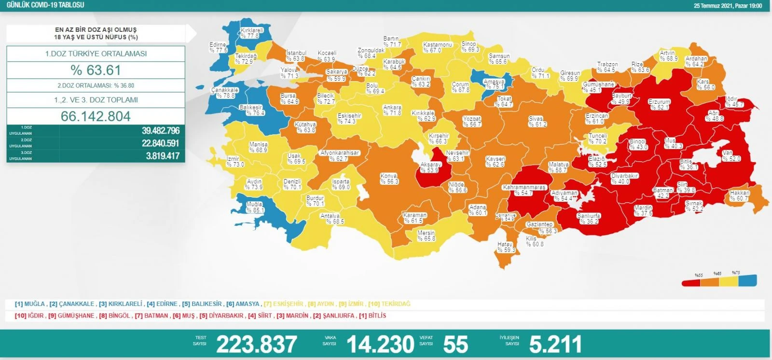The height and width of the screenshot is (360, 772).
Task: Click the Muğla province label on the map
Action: click(255, 207)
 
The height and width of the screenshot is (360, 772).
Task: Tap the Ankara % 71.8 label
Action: click(392, 110)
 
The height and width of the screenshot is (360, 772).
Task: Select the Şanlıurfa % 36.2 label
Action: click(589, 219)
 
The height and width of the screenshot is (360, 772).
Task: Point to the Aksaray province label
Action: click(430, 167)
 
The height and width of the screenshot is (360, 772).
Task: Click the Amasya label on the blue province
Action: click(494, 84)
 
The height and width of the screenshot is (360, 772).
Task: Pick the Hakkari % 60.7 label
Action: click(740, 195)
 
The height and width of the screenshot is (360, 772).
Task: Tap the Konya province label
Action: click(389, 179)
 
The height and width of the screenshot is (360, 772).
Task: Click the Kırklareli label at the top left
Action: click(252, 33)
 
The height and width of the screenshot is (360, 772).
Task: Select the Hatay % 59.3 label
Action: click(506, 247)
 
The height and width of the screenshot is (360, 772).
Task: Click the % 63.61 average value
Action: click(96, 70)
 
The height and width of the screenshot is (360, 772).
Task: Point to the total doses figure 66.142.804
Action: click(96, 116)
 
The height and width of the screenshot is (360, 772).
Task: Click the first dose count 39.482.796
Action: click(161, 131)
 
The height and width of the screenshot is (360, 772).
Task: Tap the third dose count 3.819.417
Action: click(163, 156)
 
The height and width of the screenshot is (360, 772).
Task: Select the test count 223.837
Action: click(256, 344)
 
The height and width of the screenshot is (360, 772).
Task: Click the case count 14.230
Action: click(380, 344)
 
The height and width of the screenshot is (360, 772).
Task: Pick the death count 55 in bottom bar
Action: click(455, 344)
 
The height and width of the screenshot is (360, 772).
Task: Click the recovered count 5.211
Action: click(555, 344)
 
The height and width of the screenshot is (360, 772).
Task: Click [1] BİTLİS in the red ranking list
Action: click(372, 316)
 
